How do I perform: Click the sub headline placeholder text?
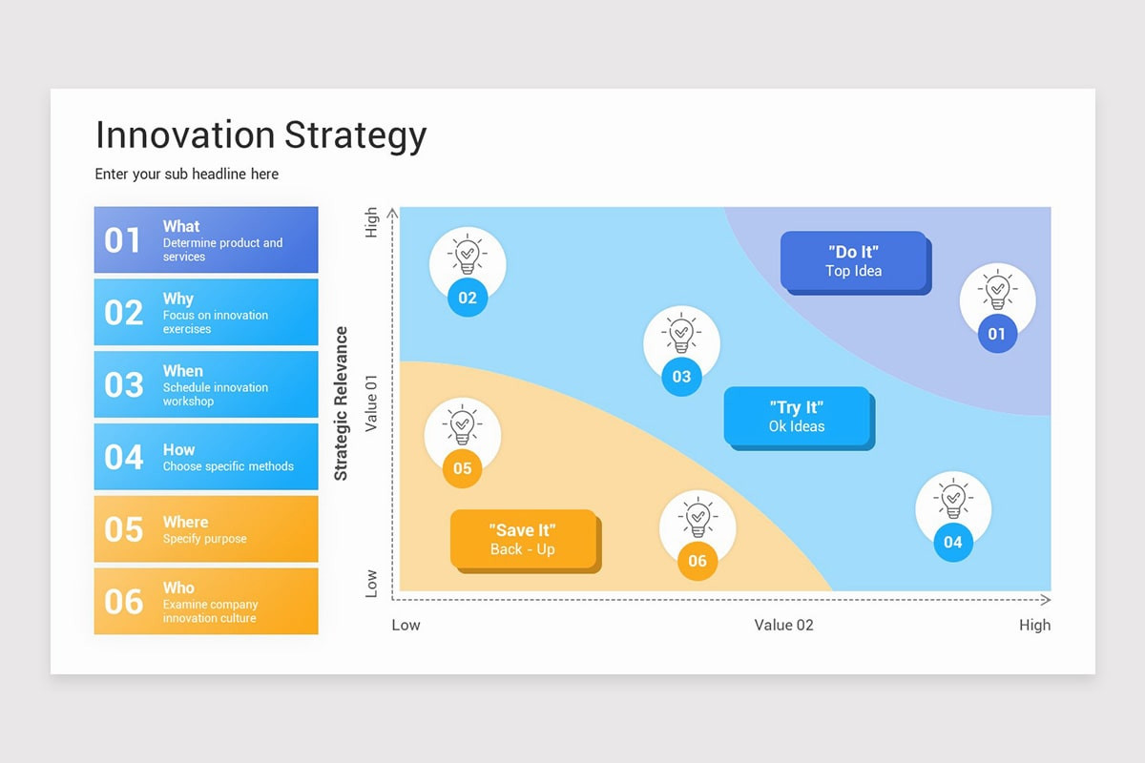point(186,174)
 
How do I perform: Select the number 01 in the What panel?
point(123,240)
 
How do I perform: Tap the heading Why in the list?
point(177,299)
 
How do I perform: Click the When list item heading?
point(182,371)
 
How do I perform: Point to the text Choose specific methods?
point(228,466)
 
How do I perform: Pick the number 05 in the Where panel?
point(123,529)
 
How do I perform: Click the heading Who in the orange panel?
point(177,588)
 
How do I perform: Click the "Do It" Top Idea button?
point(853,260)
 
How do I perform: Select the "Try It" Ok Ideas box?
point(797,417)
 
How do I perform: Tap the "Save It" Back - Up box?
point(523,539)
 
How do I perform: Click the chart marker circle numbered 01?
point(997,334)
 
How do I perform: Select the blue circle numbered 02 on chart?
point(468,298)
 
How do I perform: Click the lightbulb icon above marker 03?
point(681,334)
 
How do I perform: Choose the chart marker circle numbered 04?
point(953,543)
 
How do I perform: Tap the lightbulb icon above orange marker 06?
point(697,518)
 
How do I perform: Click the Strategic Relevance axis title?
point(342,403)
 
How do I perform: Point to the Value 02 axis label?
point(783,625)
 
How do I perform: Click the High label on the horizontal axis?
point(1034,625)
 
